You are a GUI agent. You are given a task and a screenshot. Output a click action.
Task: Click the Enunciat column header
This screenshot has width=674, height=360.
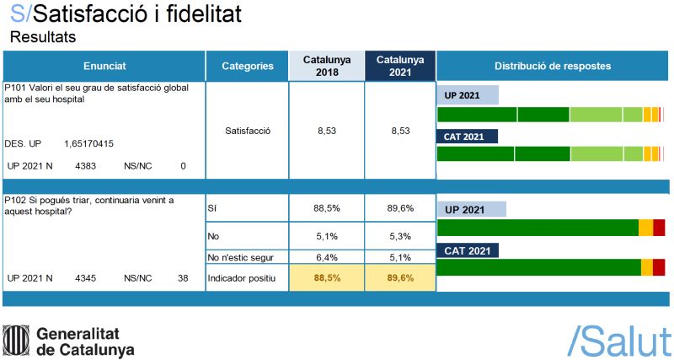[104, 66]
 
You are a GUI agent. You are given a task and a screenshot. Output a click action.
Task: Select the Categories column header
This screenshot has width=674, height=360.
[247, 66]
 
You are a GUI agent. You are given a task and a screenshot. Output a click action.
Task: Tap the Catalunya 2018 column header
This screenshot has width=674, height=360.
[326, 66]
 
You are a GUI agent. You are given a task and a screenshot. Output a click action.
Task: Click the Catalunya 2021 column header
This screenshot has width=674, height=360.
[399, 66]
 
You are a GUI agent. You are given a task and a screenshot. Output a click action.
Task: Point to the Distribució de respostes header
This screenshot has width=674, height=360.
[552, 66]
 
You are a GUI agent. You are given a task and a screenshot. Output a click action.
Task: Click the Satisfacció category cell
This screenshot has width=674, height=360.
[247, 131]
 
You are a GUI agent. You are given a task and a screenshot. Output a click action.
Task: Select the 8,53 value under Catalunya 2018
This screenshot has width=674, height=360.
[326, 131]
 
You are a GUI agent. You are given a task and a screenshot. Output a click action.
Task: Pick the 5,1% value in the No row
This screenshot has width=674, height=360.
[326, 236]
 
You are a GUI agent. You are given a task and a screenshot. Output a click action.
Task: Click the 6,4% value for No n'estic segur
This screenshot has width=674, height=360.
[326, 258]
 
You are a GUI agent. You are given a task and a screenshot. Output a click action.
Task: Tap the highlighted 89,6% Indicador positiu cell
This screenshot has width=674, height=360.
[399, 277]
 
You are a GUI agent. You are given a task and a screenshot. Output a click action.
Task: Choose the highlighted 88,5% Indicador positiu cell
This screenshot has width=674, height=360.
[326, 277]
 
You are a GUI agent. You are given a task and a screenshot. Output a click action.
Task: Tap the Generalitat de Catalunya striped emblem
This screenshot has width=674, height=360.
[16, 340]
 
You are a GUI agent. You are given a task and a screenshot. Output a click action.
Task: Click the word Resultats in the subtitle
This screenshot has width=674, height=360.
[42, 36]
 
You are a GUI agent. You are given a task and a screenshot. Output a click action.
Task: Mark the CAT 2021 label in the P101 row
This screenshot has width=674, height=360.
[468, 137]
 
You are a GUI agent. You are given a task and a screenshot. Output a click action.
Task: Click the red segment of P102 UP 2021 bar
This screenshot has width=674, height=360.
[659, 227]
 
